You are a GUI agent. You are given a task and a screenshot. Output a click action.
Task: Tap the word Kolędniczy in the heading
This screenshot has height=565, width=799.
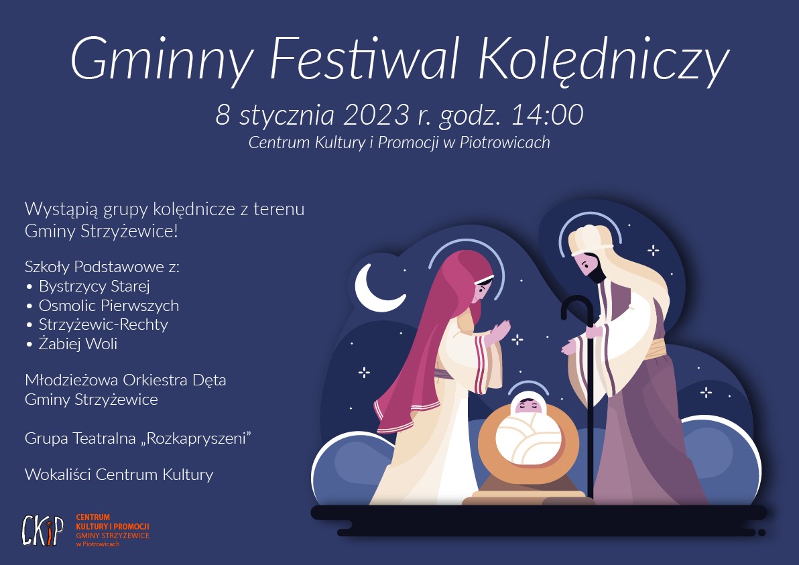point(605,60)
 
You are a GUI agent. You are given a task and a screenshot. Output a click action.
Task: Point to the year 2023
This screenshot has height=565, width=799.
point(376,115)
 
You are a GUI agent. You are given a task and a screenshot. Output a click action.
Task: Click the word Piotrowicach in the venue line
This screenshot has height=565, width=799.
point(505,142)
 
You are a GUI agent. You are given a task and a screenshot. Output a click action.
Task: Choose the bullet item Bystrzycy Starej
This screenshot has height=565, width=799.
point(95,286)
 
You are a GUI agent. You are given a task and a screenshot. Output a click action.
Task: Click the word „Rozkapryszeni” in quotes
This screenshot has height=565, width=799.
point(195,438)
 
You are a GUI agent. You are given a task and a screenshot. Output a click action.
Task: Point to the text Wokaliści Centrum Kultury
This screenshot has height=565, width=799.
point(119,475)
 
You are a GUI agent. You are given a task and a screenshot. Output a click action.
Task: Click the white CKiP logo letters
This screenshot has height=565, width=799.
point(43,530)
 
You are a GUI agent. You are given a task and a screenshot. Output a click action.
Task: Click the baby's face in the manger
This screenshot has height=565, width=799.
point(528,405)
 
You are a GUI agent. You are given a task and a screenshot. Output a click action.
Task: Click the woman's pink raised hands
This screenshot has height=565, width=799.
point(497,332)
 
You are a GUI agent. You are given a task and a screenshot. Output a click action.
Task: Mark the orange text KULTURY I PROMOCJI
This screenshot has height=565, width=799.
point(113,526)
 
